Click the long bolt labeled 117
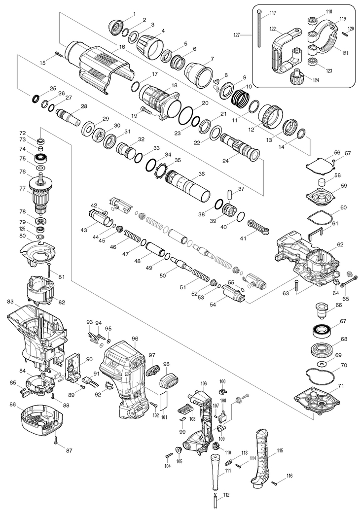[x=258, y=32]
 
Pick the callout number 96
[x=135, y=339]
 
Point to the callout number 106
[x=203, y=383]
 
